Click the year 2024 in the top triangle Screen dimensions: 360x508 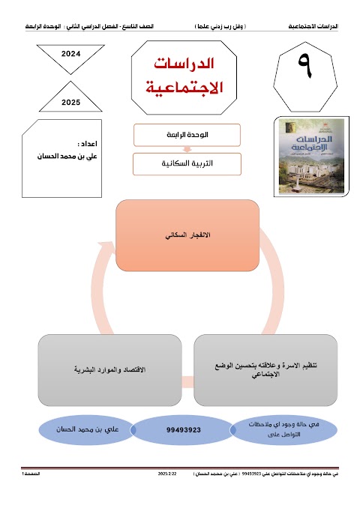pyautogui.click(x=71, y=54)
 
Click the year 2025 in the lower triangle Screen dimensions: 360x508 pyautogui.click(x=71, y=102)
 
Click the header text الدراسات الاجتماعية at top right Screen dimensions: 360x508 pyautogui.click(x=313, y=26)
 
